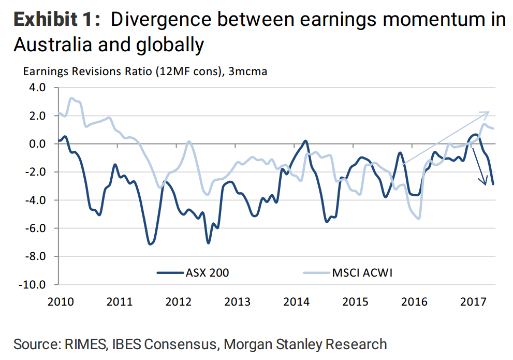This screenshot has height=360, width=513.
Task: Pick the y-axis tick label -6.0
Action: pos(41,228)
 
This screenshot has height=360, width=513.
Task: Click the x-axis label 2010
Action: pos(58,301)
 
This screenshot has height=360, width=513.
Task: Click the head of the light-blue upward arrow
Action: pos(487,112)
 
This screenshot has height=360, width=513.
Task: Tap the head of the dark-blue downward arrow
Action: pos(485,182)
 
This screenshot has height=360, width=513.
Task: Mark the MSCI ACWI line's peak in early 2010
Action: pos(72,98)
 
